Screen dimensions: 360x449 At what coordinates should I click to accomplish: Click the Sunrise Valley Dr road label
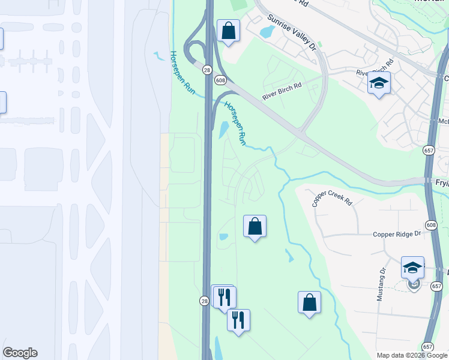pos(292,31)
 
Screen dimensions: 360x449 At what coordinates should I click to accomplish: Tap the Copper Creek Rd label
pos(331,199)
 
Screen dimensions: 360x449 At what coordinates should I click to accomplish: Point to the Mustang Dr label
pos(382,281)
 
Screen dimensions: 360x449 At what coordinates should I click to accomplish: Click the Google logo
pos(20,353)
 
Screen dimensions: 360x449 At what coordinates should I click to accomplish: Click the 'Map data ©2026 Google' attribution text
pos(411,355)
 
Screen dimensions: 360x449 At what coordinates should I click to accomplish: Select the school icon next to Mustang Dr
pos(412,268)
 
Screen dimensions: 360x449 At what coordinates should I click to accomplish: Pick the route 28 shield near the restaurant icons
pos(204,300)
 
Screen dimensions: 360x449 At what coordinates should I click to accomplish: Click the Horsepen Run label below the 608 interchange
pos(235,123)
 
